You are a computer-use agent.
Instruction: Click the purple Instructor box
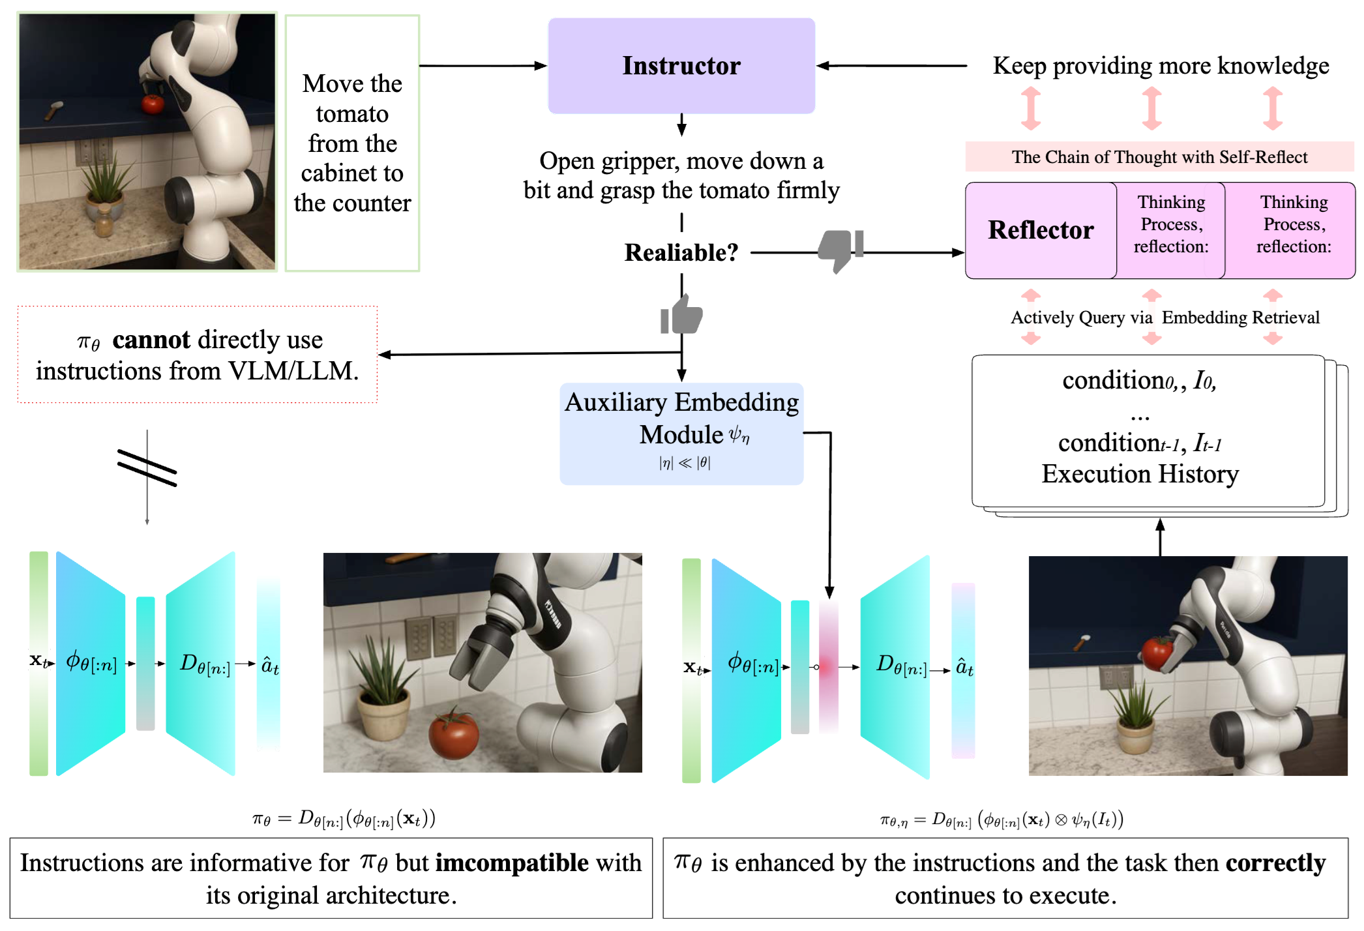tap(681, 66)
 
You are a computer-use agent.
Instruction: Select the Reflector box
tap(1041, 230)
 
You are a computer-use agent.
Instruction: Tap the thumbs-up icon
tap(681, 316)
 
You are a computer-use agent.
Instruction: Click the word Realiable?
tap(681, 252)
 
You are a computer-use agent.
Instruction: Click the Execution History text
tap(1140, 474)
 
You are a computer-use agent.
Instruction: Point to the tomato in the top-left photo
tap(153, 104)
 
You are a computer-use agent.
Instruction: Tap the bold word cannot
tap(151, 340)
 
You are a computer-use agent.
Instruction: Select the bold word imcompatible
tap(512, 863)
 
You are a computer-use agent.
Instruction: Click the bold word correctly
tap(1275, 863)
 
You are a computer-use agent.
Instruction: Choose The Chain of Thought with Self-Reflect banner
tap(1159, 157)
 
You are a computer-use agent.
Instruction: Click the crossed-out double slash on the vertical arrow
tap(147, 467)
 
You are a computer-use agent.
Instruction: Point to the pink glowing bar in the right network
tap(828, 667)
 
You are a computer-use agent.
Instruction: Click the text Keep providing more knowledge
tap(1161, 66)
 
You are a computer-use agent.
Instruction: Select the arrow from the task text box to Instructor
tap(482, 66)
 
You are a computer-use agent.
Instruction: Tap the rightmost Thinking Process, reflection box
tap(1294, 225)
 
